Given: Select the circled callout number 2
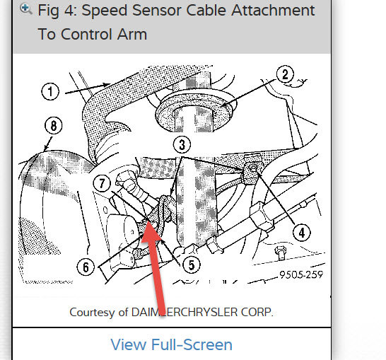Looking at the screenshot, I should (x=285, y=74).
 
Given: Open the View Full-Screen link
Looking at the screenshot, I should (x=171, y=345).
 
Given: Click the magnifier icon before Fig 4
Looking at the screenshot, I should (x=26, y=9).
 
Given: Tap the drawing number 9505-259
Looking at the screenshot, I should (x=300, y=275).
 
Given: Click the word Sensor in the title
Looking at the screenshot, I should (x=165, y=11).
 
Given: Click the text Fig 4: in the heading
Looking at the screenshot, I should (x=59, y=11).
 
